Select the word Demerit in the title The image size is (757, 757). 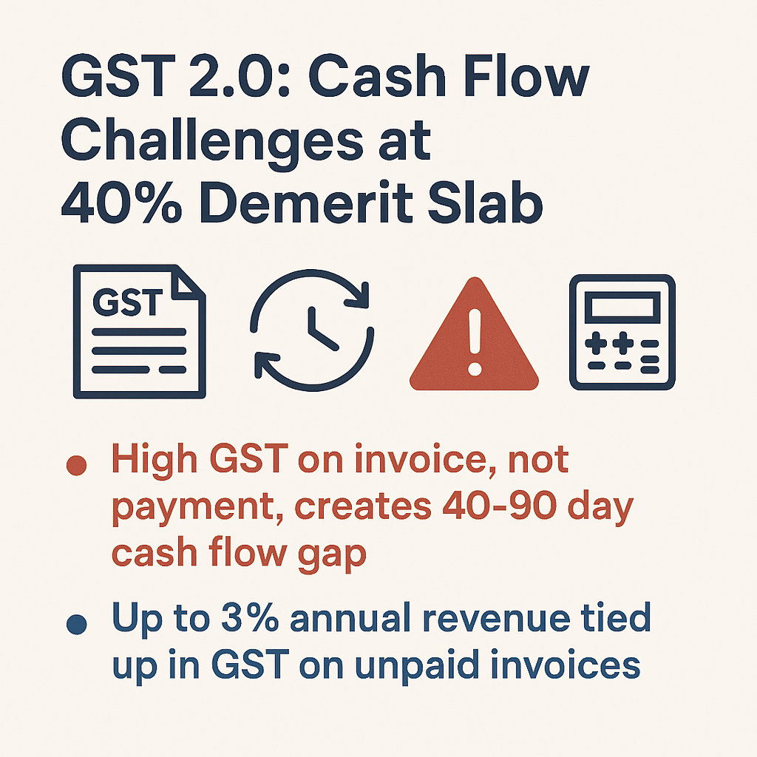(x=310, y=203)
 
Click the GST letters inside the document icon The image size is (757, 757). (x=128, y=304)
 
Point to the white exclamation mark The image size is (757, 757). (x=473, y=340)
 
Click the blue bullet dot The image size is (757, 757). (x=76, y=625)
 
